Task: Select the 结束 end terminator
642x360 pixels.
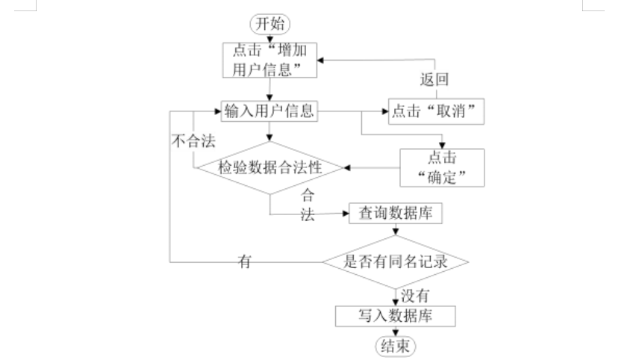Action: (395, 346)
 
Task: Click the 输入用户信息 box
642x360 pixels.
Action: (269, 112)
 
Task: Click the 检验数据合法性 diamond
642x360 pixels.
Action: (269, 168)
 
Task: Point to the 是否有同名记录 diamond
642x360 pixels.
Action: (395, 262)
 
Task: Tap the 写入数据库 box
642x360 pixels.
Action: (395, 316)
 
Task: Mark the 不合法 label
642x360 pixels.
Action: (190, 140)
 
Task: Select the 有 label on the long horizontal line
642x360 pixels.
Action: (243, 261)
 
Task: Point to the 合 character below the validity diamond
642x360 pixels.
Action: (306, 196)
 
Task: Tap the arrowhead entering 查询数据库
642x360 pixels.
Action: (346, 214)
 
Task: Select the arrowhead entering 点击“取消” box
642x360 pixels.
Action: (382, 113)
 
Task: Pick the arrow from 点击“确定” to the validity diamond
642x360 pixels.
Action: (373, 168)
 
